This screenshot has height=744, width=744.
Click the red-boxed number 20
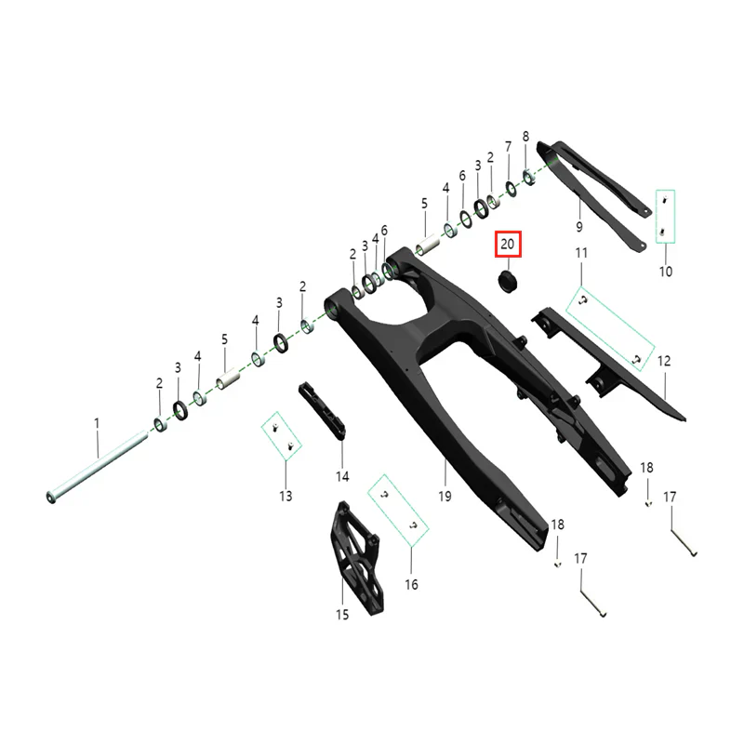508,244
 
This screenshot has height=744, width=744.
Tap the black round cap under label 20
507,281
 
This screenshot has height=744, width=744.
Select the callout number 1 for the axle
97,423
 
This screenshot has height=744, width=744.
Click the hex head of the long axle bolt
51,498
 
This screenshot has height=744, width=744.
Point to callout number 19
445,497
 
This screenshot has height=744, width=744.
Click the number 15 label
342,615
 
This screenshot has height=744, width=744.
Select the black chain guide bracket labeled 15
357,558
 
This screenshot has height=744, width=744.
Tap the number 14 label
342,476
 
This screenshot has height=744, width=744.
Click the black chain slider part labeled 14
322,411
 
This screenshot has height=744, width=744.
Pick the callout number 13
286,496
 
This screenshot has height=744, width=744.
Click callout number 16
411,584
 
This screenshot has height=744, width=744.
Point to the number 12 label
664,361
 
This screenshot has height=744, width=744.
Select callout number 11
581,253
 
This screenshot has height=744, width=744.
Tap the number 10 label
666,272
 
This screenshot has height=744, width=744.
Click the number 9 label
578,227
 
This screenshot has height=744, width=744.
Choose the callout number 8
525,136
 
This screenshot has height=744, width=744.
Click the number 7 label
508,147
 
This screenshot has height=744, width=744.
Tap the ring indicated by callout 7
511,189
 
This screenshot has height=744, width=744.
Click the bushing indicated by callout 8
529,178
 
